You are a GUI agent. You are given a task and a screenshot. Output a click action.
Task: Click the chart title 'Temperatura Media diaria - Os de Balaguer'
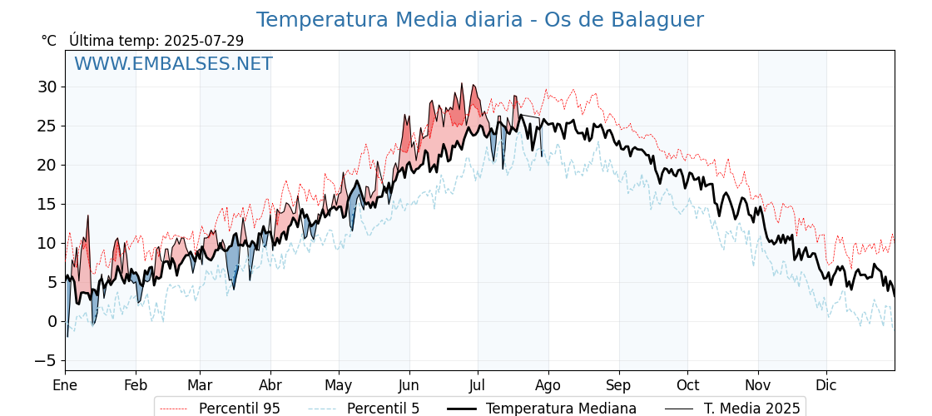pyautogui.click(x=479, y=20)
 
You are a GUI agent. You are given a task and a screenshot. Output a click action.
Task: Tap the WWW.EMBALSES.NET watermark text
pyautogui.click(x=174, y=63)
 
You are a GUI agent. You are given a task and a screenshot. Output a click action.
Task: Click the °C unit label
pyautogui.click(x=49, y=41)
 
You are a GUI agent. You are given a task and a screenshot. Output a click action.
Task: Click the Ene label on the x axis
pyautogui.click(x=65, y=385)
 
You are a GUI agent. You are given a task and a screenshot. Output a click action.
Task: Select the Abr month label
pyautogui.click(x=270, y=385)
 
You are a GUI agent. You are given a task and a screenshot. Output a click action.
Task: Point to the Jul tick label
pyautogui.click(x=478, y=385)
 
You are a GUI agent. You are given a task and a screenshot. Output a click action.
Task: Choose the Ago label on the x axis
pyautogui.click(x=548, y=385)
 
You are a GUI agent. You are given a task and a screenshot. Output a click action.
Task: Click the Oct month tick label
pyautogui.click(x=687, y=385)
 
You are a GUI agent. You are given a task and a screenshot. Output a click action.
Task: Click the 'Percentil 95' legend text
pyautogui.click(x=240, y=409)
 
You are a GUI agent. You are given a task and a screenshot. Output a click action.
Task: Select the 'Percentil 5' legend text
pyautogui.click(x=384, y=409)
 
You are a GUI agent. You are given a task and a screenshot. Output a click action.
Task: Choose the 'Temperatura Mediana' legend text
pyautogui.click(x=561, y=409)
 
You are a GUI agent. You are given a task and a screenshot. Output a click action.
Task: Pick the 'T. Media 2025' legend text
pyautogui.click(x=752, y=409)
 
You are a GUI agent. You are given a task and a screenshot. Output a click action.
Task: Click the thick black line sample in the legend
pyautogui.click(x=462, y=409)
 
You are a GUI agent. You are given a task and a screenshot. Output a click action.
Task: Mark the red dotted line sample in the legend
pyautogui.click(x=175, y=409)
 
